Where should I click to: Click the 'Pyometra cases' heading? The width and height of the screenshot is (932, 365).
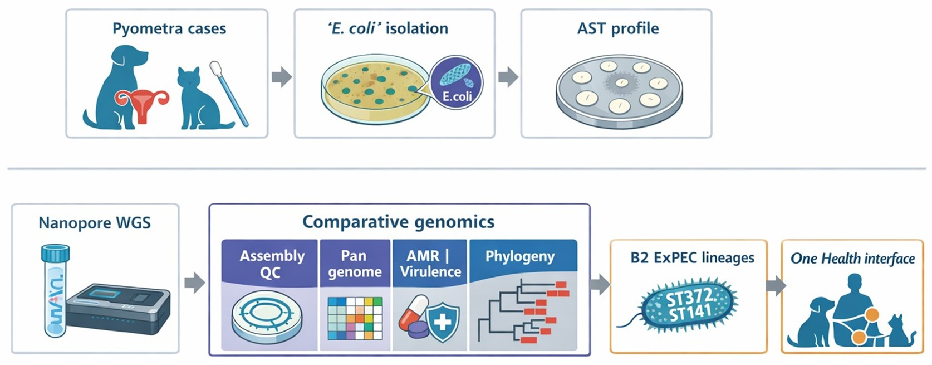click(169, 28)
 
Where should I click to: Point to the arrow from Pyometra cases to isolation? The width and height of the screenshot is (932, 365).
click(282, 77)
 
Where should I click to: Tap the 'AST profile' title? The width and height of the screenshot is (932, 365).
click(617, 28)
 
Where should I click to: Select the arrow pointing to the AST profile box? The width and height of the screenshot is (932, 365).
click(508, 77)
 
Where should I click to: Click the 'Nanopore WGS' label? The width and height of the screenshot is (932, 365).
click(95, 223)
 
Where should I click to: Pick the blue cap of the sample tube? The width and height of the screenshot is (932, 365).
click(55, 254)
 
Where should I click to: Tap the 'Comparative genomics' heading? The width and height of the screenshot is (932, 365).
click(398, 222)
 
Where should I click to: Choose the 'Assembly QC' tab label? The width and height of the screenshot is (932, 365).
click(272, 264)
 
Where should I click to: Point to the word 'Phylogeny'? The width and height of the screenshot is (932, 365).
click(519, 256)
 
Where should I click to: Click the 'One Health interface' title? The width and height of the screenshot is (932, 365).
click(852, 259)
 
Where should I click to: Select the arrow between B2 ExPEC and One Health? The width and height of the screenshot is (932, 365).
click(776, 286)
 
